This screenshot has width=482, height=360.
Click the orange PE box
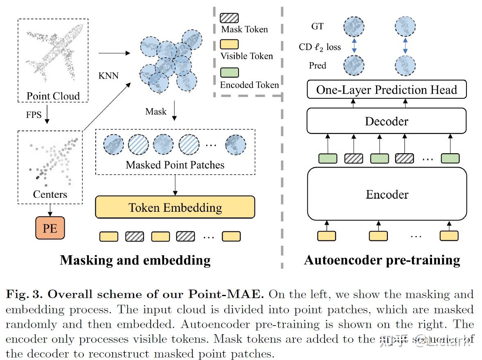(x=50, y=228)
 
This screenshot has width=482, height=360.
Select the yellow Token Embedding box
(x=175, y=207)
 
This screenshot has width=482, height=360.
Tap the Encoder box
(x=387, y=194)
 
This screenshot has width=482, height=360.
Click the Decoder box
(x=387, y=121)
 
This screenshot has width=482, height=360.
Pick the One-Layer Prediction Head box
(x=387, y=90)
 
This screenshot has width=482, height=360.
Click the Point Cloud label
(x=53, y=96)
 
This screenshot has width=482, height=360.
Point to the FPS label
(x=34, y=115)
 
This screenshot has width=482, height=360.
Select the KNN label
(x=108, y=76)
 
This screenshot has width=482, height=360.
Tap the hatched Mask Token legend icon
(x=229, y=18)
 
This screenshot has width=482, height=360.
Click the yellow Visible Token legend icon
(x=229, y=44)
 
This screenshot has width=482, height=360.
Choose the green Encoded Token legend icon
(x=229, y=73)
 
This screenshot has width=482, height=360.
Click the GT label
(x=318, y=27)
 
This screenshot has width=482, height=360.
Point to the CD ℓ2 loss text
(x=320, y=47)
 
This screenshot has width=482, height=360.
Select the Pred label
(x=318, y=66)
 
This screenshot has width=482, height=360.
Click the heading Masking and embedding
(x=135, y=260)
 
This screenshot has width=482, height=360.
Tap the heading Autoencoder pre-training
(x=382, y=260)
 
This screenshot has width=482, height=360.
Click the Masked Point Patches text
(x=175, y=165)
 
